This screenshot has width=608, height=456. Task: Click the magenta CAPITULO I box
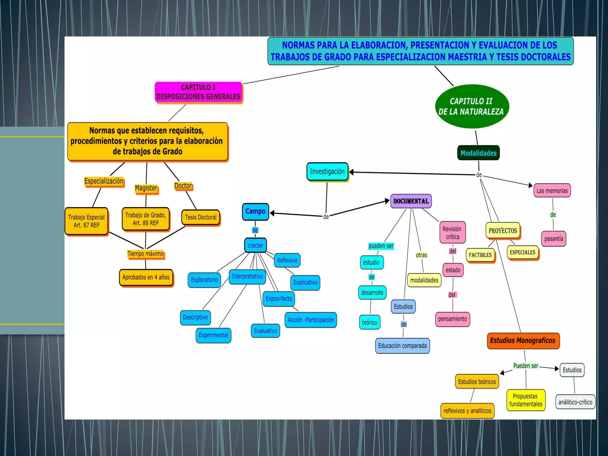pyautogui.click(x=198, y=92)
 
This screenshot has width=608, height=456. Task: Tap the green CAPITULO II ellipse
pyautogui.click(x=472, y=106)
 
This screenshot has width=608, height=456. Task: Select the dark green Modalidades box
pyautogui.click(x=478, y=153)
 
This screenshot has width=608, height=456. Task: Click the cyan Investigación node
pyautogui.click(x=327, y=172)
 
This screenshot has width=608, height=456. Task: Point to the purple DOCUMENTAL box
pyautogui.click(x=411, y=201)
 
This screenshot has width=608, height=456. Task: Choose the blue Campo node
pyautogui.click(x=255, y=211)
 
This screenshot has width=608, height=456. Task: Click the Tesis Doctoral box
pyautogui.click(x=200, y=217)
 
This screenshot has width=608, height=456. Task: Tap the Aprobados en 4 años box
pyautogui.click(x=146, y=277)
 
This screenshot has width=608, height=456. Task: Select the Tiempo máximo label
pyautogui.click(x=145, y=254)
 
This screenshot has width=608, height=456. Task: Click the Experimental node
pyautogui.click(x=213, y=335)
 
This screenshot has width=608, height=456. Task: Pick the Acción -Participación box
pyautogui.click(x=311, y=320)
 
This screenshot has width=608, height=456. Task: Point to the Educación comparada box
pyautogui.click(x=402, y=346)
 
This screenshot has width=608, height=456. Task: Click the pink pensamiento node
pyautogui.click(x=452, y=319)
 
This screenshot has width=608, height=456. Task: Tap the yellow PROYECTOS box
pyautogui.click(x=503, y=231)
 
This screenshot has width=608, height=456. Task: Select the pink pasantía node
pyautogui.click(x=553, y=239)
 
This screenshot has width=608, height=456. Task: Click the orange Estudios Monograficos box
pyautogui.click(x=523, y=341)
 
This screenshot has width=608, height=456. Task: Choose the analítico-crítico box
pyautogui.click(x=575, y=402)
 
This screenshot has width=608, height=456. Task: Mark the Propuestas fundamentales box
pyautogui.click(x=526, y=400)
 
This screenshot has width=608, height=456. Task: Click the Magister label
pyautogui.click(x=146, y=188)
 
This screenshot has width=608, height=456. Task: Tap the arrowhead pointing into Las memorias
pyautogui.click(x=531, y=185)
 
